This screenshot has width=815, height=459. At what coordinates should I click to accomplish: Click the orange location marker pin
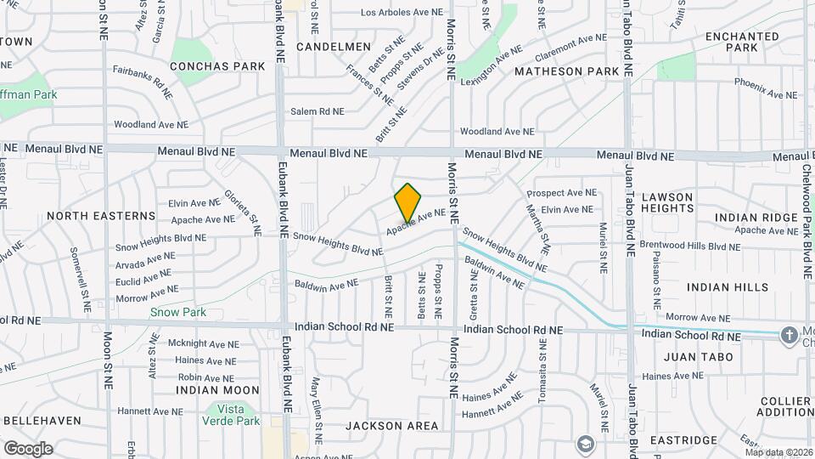pyautogui.click(x=408, y=202)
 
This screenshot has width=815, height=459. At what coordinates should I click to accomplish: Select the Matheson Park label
pyautogui.click(x=567, y=71)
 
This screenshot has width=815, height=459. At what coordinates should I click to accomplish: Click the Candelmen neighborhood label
pyautogui.click(x=334, y=46)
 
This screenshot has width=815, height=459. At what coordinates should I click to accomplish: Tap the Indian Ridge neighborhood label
pyautogui.click(x=756, y=217)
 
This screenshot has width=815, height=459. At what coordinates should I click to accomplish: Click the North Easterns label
pyautogui.click(x=101, y=216)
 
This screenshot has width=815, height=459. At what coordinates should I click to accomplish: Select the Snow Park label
pyautogui.click(x=178, y=312)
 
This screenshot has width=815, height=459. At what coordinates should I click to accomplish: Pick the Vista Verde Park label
pyautogui.click(x=231, y=414)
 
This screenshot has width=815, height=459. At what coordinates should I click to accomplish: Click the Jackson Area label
pyautogui.click(x=392, y=425)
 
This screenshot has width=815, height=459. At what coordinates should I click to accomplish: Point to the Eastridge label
pyautogui.click(x=685, y=440)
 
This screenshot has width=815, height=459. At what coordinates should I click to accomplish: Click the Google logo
pyautogui.click(x=27, y=448)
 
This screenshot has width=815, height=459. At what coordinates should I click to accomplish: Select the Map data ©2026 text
pyautogui.click(x=778, y=452)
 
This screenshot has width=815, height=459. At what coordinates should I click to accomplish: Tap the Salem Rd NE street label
pyautogui.click(x=318, y=111)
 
